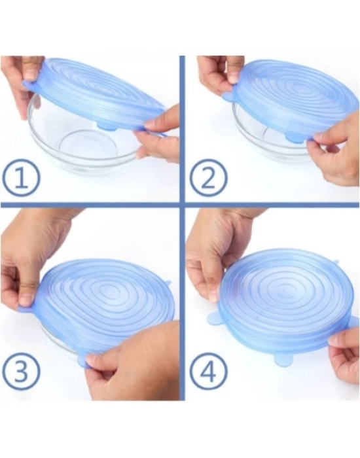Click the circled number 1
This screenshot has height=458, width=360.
click(x=21, y=177)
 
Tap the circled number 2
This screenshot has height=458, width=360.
click(x=208, y=178)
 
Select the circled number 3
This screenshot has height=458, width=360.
click(x=21, y=372)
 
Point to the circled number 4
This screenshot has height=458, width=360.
click(x=208, y=372)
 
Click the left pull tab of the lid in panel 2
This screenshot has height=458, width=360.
click(x=229, y=96)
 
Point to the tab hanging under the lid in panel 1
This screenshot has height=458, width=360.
click(x=107, y=126)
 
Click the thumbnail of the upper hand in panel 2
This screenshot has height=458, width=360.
click(x=234, y=78)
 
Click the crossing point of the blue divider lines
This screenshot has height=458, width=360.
click(x=182, y=203)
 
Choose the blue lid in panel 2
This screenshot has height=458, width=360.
click(x=292, y=101)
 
